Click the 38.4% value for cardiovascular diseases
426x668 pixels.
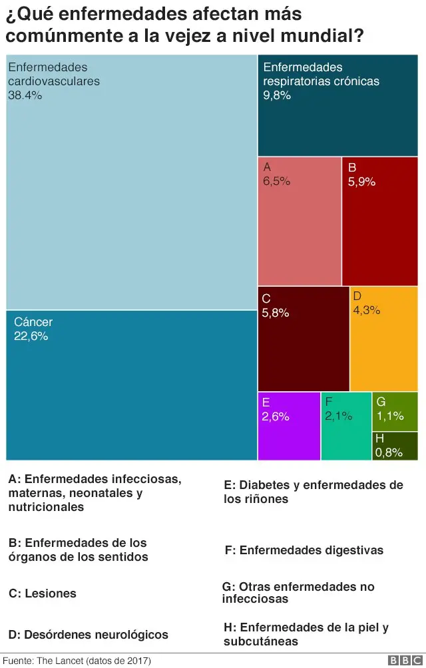[25, 95]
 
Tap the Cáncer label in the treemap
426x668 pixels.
[33, 322]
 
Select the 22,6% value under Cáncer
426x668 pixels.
[31, 336]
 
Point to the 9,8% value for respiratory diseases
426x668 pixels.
[277, 95]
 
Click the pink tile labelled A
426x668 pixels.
[299, 222]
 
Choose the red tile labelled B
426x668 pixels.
[379, 222]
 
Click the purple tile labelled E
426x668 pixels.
[289, 426]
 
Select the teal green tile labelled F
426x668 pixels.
[346, 426]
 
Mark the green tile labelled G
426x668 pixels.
[395, 412]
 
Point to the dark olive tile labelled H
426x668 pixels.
[395, 446]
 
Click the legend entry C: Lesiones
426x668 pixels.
[43, 593]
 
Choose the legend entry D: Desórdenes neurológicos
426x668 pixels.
[88, 635]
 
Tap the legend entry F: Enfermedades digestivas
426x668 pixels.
[304, 550]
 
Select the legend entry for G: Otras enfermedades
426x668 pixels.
[298, 593]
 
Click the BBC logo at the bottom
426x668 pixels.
[402, 660]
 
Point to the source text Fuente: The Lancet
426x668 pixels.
[77, 661]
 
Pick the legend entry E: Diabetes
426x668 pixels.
[314, 492]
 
